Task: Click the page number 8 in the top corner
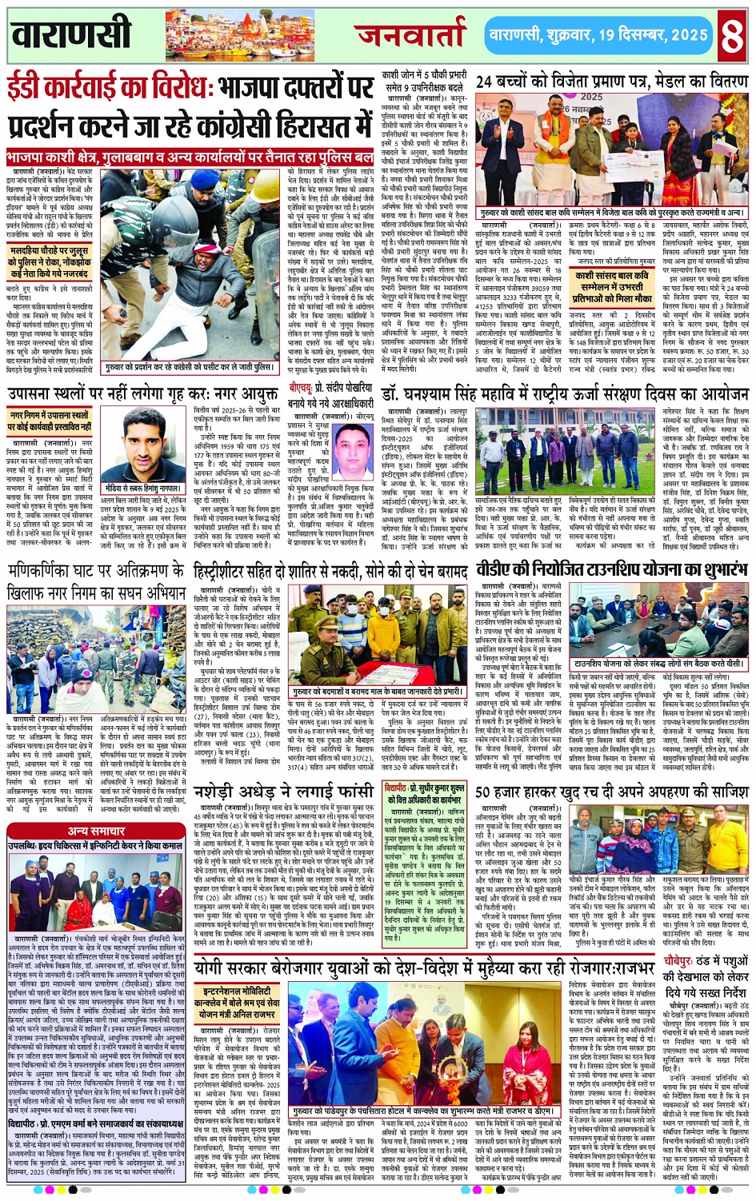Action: tap(732, 35)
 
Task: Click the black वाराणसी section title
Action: tap(72, 34)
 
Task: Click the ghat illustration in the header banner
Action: tap(240, 35)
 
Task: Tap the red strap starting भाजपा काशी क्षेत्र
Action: tap(190, 158)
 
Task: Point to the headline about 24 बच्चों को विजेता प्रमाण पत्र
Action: tap(612, 82)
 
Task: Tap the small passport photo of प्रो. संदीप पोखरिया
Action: tap(351, 451)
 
